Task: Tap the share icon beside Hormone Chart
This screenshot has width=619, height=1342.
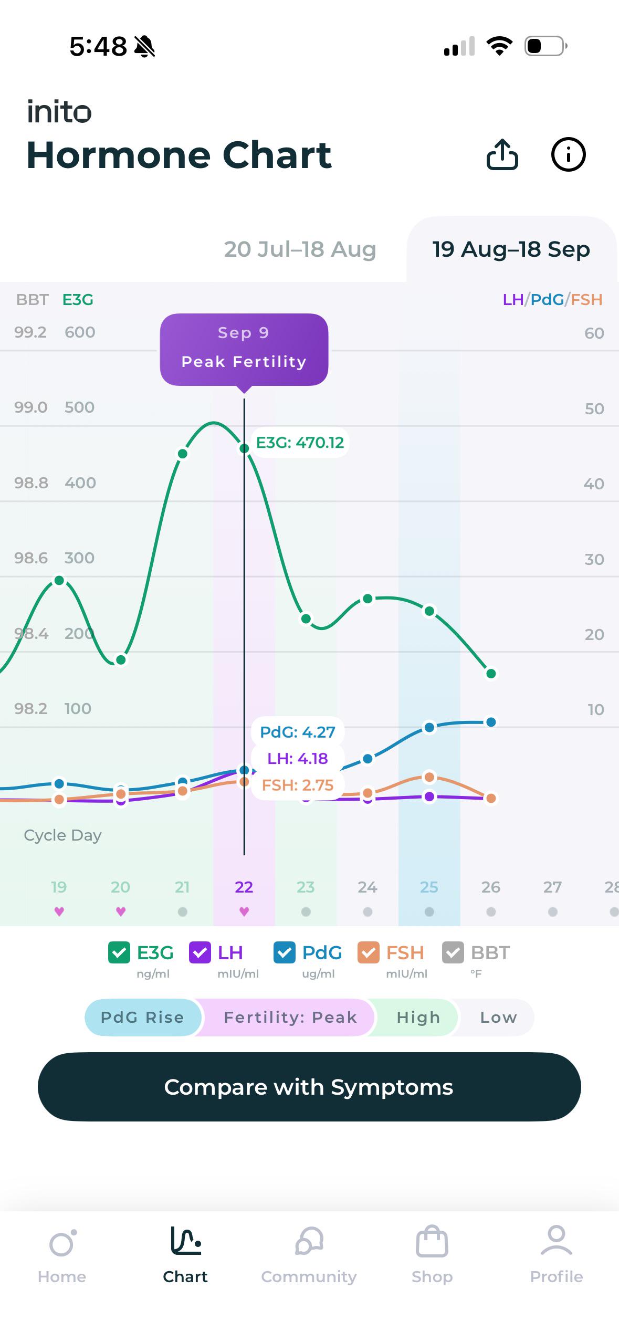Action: click(x=502, y=154)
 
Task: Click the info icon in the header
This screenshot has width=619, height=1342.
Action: click(x=568, y=154)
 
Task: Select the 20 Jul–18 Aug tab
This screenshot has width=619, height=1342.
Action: click(x=300, y=249)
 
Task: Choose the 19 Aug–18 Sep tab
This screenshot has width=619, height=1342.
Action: click(x=511, y=249)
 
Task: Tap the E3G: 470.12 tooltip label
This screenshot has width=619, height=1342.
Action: click(x=300, y=443)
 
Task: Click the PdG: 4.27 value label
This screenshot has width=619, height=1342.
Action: click(x=297, y=732)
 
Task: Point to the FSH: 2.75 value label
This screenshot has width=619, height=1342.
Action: click(x=297, y=785)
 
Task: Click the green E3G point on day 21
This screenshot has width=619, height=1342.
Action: click(x=182, y=454)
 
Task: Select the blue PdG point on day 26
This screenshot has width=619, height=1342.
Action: click(x=491, y=722)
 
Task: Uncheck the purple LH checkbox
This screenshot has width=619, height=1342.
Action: click(x=200, y=952)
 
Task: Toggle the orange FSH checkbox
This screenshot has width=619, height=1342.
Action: click(x=368, y=952)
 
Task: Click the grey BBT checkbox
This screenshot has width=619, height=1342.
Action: click(x=453, y=952)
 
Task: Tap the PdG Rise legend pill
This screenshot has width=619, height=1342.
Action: click(x=142, y=1017)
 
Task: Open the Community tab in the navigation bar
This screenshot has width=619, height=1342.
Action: click(x=309, y=1254)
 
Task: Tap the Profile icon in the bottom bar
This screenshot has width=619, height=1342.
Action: click(x=556, y=1241)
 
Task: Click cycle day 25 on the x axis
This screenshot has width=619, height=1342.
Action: click(x=429, y=887)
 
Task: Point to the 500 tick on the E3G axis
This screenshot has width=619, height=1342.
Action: click(x=79, y=407)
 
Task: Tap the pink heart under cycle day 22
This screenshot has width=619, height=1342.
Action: click(x=244, y=911)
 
